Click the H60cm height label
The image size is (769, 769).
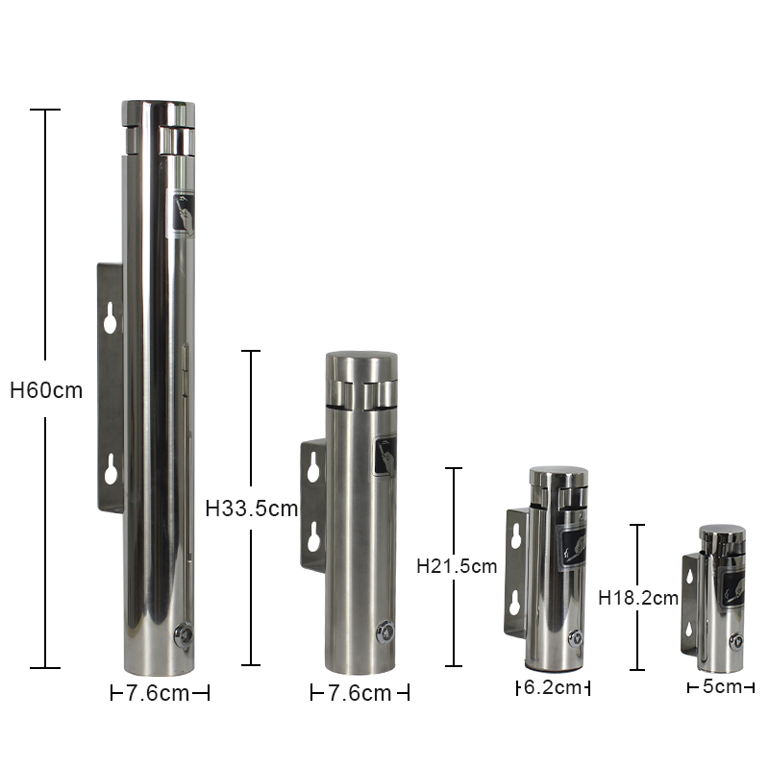coord(46,390)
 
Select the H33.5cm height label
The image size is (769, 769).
coord(252,509)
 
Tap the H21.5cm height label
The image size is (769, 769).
coord(457,566)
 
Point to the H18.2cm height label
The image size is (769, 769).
coord(638,598)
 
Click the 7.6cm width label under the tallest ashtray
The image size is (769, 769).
coord(158,693)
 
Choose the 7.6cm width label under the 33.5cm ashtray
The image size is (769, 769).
coord(360,693)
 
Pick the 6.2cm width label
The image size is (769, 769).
coord(553,687)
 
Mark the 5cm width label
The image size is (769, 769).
coord(722,686)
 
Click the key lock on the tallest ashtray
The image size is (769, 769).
coord(184,635)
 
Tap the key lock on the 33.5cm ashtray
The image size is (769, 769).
coord(385,633)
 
